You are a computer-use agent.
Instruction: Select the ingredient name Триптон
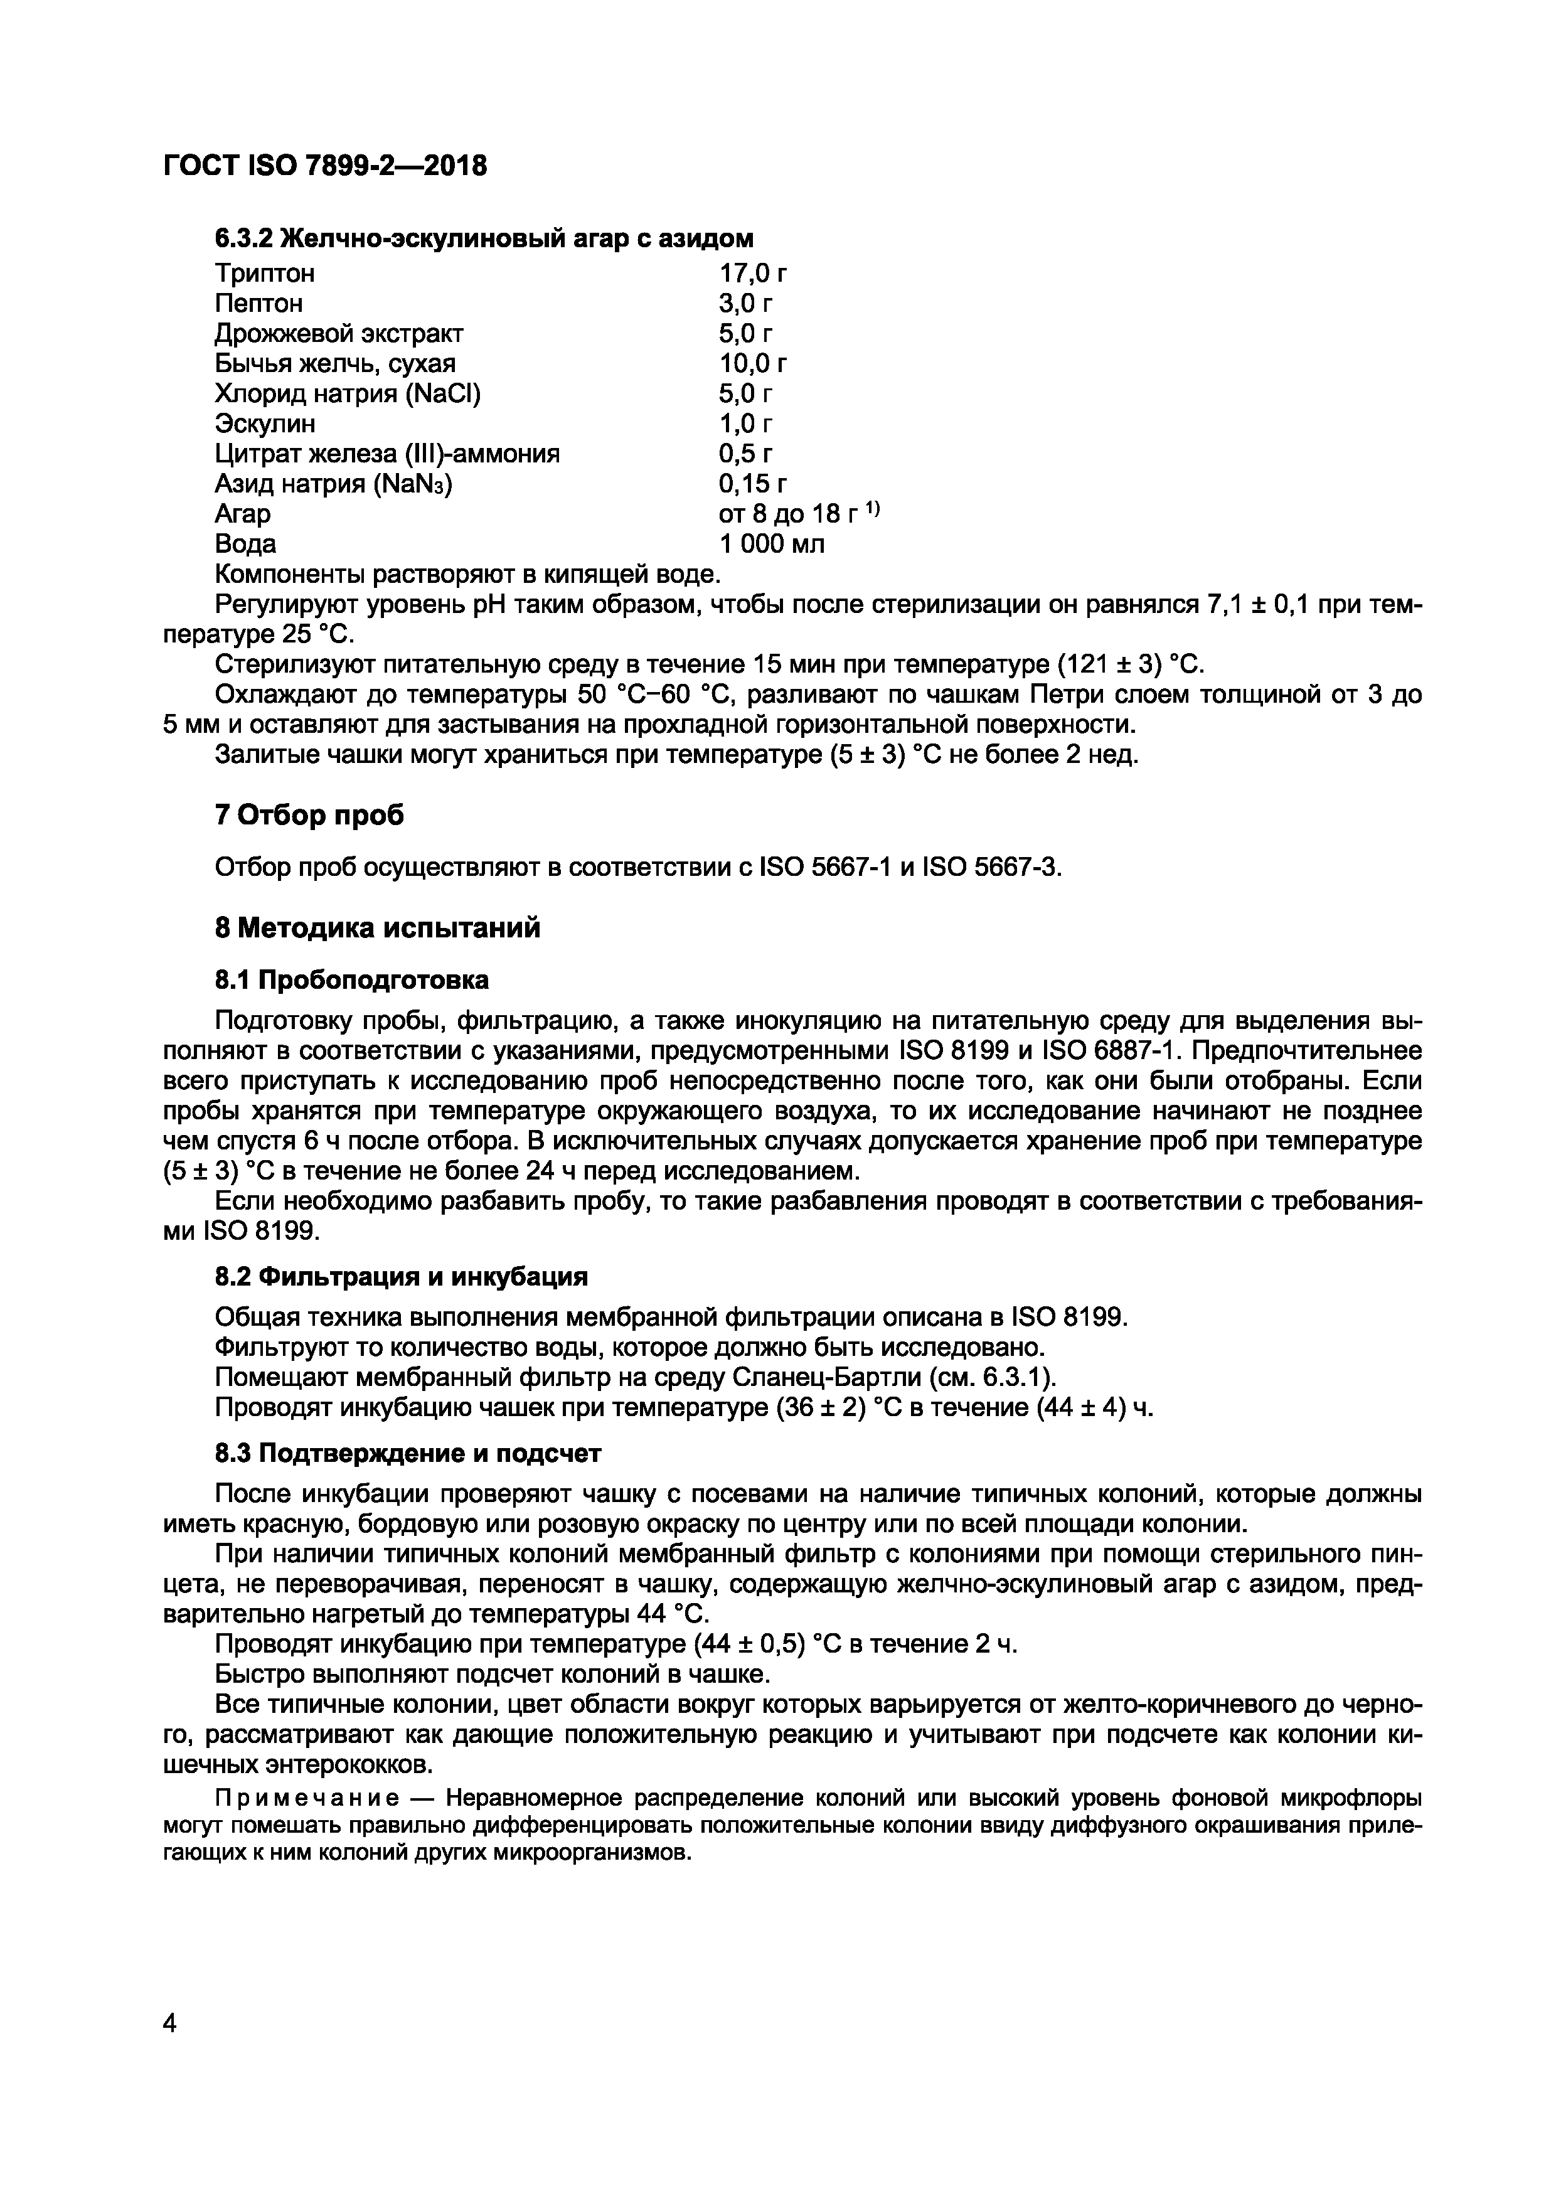pyautogui.click(x=265, y=273)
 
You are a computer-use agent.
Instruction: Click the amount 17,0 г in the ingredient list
pyautogui.click(x=754, y=273)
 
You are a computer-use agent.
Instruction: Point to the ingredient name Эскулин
pyautogui.click(x=265, y=423)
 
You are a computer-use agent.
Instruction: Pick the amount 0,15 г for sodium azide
pyautogui.click(x=754, y=483)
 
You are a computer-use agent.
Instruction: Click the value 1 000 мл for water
pyautogui.click(x=772, y=543)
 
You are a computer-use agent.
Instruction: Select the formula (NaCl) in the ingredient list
pyautogui.click(x=443, y=393)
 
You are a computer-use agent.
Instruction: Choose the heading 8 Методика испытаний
pyautogui.click(x=378, y=928)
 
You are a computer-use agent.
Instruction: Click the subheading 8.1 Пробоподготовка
pyautogui.click(x=352, y=979)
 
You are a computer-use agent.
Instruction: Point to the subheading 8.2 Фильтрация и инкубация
pyautogui.click(x=401, y=1277)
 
